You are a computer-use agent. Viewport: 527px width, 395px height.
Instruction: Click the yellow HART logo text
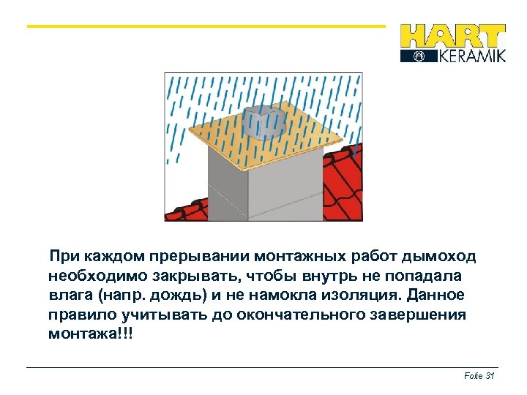452,37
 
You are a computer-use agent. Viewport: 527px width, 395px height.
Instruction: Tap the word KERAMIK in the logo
471,56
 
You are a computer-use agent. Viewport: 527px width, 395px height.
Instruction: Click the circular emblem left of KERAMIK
419,56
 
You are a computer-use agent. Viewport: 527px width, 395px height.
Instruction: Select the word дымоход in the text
441,257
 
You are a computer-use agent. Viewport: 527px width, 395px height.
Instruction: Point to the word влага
69,295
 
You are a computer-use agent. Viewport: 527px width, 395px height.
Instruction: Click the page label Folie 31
480,375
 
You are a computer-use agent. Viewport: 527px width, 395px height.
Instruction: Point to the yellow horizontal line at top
205,26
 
